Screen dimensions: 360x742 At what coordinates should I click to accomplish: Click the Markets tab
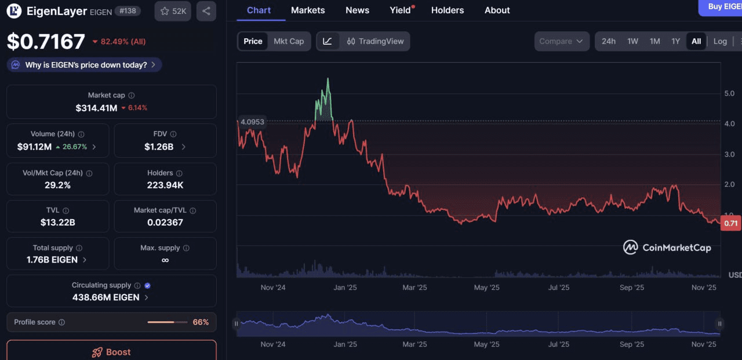coord(308,10)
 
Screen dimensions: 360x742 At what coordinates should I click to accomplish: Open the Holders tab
coord(447,10)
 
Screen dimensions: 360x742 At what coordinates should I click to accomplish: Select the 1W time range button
coord(632,41)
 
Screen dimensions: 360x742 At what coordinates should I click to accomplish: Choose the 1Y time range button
coord(675,41)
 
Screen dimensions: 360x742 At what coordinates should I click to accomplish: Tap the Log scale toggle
coord(720,41)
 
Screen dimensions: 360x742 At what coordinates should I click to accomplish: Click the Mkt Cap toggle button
coord(289,41)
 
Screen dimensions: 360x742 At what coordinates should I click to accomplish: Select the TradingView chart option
coord(375,41)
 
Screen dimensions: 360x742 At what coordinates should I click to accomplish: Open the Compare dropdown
coord(561,41)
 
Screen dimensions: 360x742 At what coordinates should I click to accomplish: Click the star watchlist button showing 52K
coord(173,11)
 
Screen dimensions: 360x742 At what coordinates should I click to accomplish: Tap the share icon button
coord(206,11)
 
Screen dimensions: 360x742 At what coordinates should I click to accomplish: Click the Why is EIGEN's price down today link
coord(85,65)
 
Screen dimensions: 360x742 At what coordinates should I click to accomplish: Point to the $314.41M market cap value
coord(96,108)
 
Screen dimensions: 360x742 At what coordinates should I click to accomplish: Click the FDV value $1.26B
coord(159,147)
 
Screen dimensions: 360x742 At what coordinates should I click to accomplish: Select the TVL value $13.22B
coord(57,222)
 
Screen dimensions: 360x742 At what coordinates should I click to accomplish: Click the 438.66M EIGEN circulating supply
coord(106,297)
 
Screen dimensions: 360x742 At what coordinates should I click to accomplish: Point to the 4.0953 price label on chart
coord(252,122)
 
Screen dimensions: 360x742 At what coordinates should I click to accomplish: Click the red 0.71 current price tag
coord(730,223)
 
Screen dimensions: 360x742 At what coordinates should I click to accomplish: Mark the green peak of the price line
coord(328,79)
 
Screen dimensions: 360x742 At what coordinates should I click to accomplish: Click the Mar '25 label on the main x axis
coord(414,288)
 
